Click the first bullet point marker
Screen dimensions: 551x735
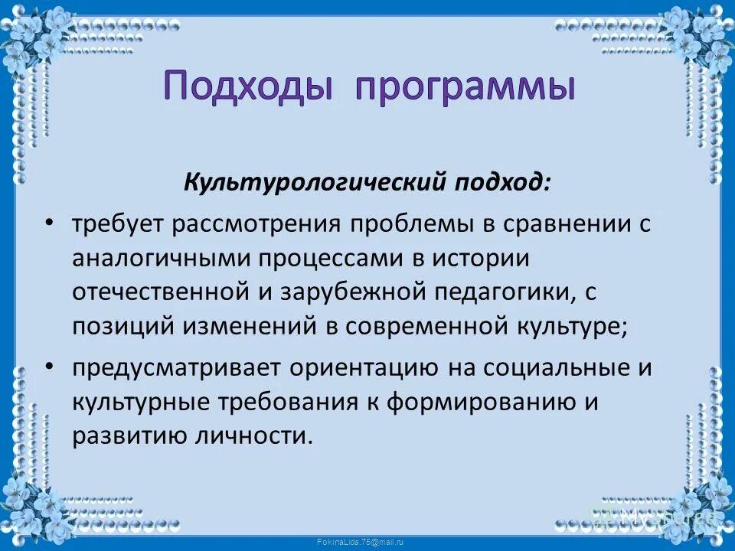coord(49,223)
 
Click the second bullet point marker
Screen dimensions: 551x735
coord(49,367)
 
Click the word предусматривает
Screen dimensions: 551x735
coord(175,368)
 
